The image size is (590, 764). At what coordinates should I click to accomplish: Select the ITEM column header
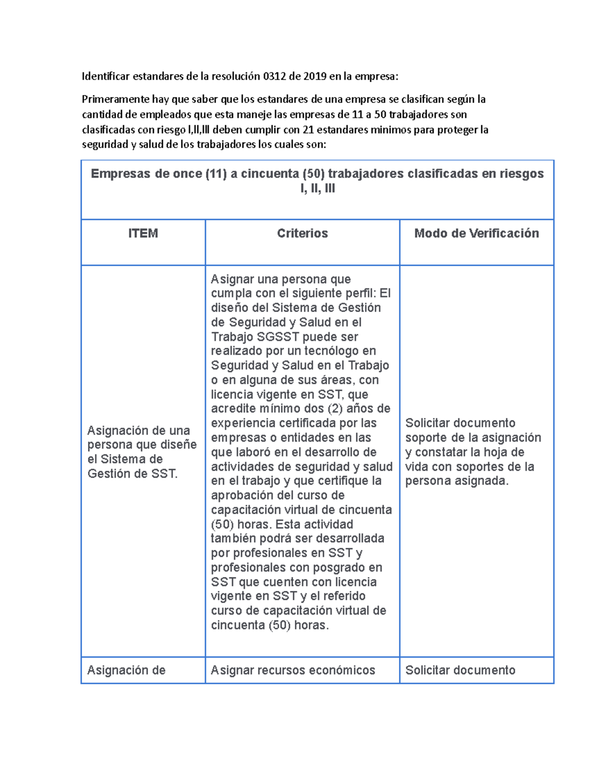coord(143,233)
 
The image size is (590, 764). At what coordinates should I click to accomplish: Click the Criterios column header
coord(302,233)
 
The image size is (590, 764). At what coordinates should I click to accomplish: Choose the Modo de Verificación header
coord(476,233)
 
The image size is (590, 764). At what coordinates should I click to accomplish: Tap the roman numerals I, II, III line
coord(318,188)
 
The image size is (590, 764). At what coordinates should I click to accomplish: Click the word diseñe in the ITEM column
coord(179,445)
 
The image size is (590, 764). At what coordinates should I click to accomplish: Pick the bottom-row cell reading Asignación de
coord(126,670)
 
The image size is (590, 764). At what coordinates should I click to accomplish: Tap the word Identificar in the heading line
coord(106,76)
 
